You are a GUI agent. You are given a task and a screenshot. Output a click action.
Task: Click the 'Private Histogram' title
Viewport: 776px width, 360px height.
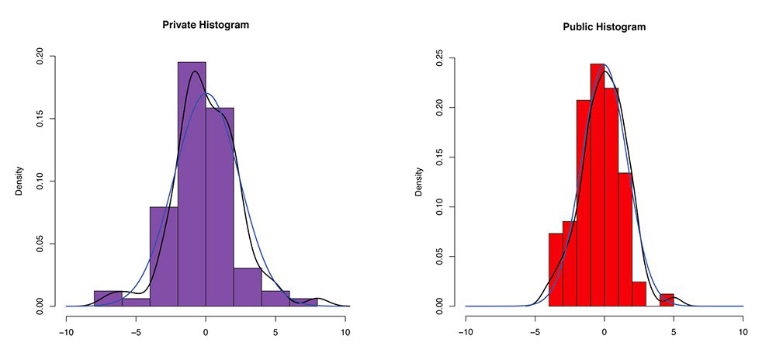(206, 25)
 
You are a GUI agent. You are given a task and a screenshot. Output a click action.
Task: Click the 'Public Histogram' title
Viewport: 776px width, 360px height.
(604, 26)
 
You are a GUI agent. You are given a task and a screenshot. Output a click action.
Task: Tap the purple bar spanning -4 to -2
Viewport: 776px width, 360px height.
(164, 256)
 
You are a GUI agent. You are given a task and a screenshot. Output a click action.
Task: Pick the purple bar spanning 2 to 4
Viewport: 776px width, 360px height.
(248, 287)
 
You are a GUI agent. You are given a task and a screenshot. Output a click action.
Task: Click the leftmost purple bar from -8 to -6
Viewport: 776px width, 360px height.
(108, 299)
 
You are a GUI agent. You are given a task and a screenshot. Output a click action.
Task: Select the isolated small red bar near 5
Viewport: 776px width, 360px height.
(667, 300)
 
